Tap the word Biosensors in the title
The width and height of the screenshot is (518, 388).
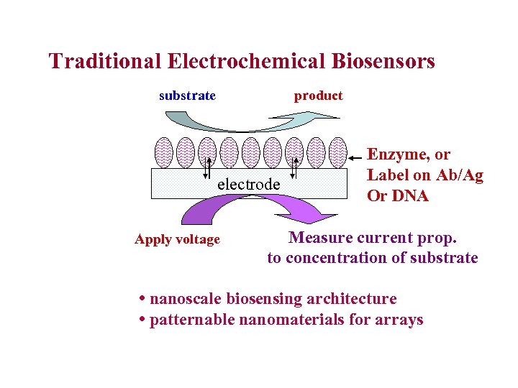coord(383,61)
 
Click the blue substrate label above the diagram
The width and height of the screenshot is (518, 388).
coord(187,96)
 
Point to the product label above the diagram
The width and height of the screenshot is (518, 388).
coord(318,96)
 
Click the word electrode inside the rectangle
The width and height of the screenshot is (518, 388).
coord(248,184)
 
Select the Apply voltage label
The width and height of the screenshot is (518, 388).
coord(177,240)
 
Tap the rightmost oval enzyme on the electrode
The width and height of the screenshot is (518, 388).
coord(337,152)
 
